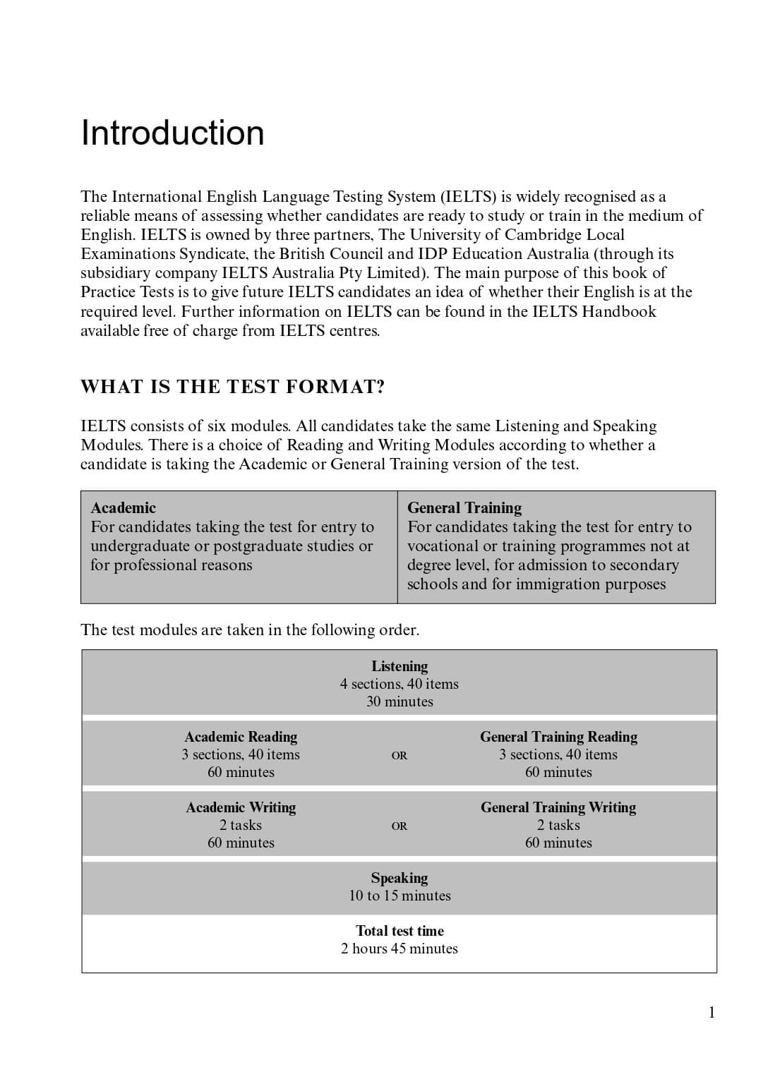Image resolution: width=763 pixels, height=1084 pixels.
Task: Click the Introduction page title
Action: coord(173,133)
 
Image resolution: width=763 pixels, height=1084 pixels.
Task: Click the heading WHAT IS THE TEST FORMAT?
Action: coord(233,387)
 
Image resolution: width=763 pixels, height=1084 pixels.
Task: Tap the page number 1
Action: coord(711,1013)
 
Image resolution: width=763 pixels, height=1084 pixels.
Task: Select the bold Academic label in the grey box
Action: coord(124,508)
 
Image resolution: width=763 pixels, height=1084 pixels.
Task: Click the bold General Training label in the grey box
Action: coord(464,508)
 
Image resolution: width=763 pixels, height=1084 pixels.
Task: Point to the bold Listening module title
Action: coord(399,666)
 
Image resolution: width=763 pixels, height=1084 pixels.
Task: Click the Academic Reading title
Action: coord(241,737)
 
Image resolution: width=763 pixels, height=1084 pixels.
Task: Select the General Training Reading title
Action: coord(558,737)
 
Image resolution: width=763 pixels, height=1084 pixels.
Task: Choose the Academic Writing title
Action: coord(241,807)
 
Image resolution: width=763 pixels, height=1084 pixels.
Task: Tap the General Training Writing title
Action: coord(558,807)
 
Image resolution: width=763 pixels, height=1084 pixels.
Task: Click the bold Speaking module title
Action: coord(399,878)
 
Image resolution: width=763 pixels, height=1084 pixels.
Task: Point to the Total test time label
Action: coord(399,931)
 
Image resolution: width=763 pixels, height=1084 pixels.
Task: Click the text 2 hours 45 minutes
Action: coord(399,948)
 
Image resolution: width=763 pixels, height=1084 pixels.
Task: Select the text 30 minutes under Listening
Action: coord(399,701)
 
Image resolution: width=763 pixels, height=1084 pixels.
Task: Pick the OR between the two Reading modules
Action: coord(399,756)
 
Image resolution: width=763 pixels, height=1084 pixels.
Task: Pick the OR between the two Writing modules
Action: coord(399,826)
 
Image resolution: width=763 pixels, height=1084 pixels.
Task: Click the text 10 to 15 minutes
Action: coord(399,896)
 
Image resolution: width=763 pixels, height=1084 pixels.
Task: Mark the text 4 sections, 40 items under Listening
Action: coord(399,684)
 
